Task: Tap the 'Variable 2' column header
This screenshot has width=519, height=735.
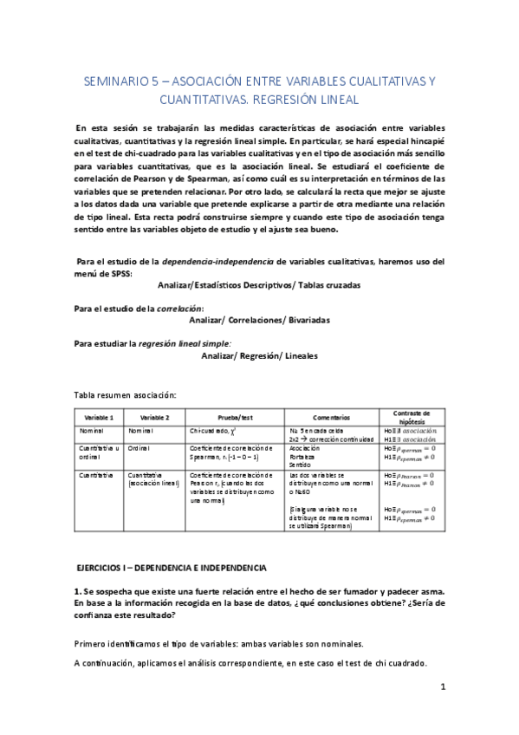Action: (x=154, y=417)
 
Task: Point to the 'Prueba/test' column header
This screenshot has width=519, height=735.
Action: (x=234, y=417)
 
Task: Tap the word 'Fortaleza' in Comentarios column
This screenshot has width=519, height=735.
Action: (x=302, y=457)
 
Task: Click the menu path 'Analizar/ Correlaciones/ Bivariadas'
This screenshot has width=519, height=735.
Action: (x=259, y=320)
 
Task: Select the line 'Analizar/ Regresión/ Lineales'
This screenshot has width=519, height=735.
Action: (x=259, y=355)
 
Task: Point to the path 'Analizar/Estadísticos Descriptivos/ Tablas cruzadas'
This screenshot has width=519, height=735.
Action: (x=259, y=284)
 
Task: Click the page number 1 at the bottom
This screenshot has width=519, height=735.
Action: (x=443, y=688)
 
